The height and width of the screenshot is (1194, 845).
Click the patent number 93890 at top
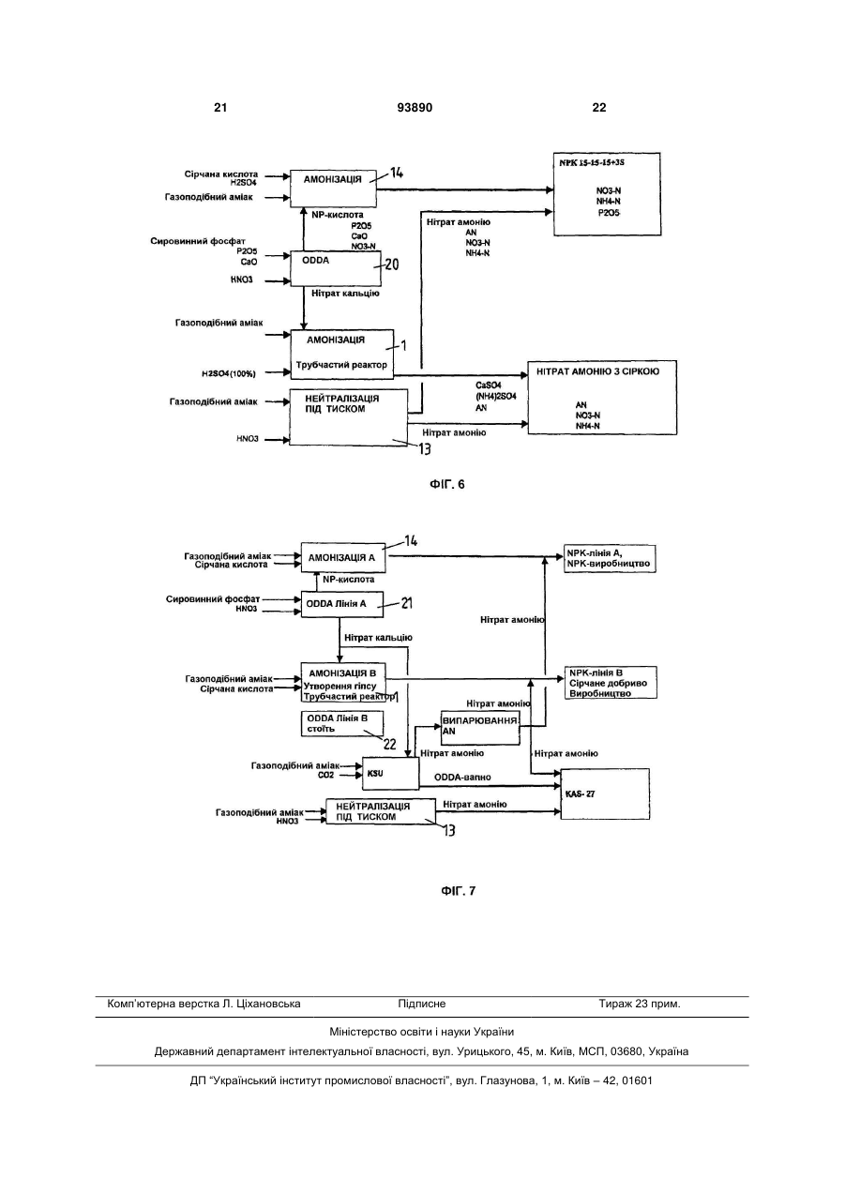pyautogui.click(x=415, y=108)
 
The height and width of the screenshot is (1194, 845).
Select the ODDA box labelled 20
pyautogui.click(x=336, y=268)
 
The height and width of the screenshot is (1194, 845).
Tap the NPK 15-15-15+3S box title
pyautogui.click(x=592, y=162)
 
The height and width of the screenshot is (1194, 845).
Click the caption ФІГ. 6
pyautogui.click(x=447, y=484)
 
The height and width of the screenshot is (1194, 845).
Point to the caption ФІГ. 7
pyautogui.click(x=458, y=891)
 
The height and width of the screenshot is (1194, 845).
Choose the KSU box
pyautogui.click(x=391, y=773)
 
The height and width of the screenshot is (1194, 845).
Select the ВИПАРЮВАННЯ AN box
pyautogui.click(x=480, y=728)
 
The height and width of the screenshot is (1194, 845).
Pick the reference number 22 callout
pyautogui.click(x=390, y=744)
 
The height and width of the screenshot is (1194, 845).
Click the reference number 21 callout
pyautogui.click(x=407, y=603)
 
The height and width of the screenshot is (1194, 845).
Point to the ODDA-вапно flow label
pyautogui.click(x=462, y=778)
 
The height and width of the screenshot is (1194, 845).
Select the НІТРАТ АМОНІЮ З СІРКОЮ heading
pyautogui.click(x=597, y=371)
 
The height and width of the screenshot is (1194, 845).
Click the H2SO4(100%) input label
pyautogui.click(x=228, y=373)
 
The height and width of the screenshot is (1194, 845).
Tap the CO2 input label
pyautogui.click(x=325, y=775)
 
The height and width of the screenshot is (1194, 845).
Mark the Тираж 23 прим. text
pyautogui.click(x=640, y=1004)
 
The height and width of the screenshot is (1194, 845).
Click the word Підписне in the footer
pyautogui.click(x=422, y=1004)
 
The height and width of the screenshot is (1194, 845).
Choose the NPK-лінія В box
pyautogui.click(x=611, y=682)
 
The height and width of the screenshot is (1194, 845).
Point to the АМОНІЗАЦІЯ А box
pyautogui.click(x=343, y=557)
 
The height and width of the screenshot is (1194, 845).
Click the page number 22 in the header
pyautogui.click(x=599, y=108)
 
